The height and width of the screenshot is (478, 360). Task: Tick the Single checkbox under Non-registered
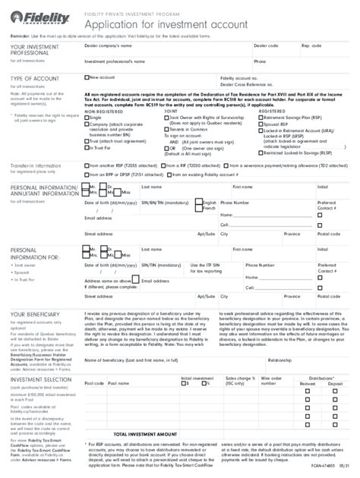tap(86, 118)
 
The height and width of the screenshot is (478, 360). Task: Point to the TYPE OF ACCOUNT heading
tap(35, 78)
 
